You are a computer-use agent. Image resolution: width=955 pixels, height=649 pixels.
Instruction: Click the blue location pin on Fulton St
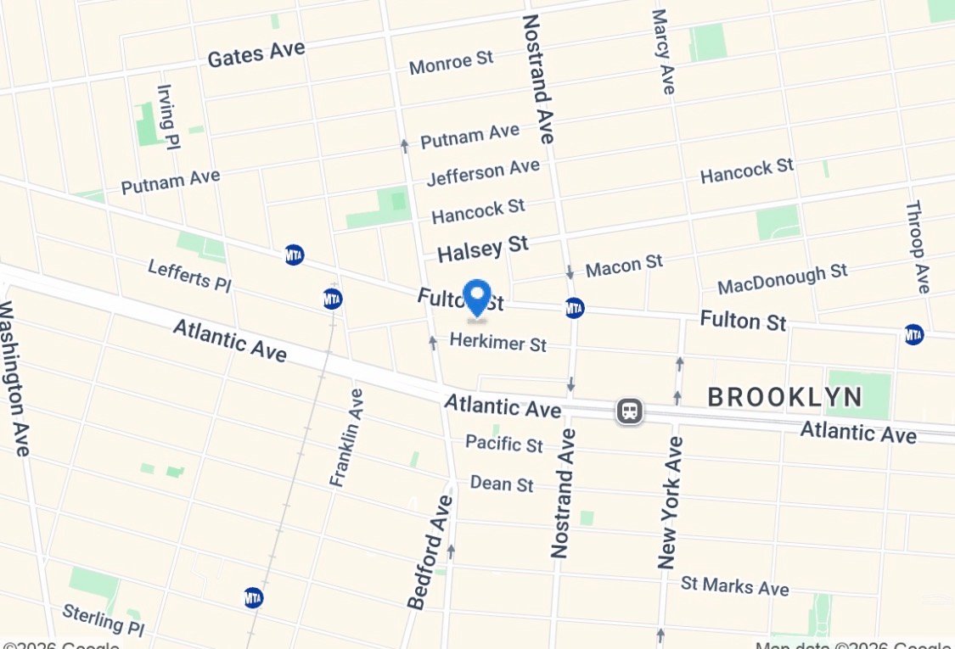pyautogui.click(x=478, y=298)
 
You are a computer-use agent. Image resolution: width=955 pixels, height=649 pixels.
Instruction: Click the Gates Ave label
pyautogui.click(x=256, y=54)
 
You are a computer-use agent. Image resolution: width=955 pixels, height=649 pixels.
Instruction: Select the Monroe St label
pyautogui.click(x=451, y=62)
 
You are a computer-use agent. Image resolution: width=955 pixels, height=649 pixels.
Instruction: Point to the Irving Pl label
pyautogui.click(x=167, y=116)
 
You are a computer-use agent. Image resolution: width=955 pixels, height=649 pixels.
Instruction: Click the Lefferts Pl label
pyautogui.click(x=188, y=276)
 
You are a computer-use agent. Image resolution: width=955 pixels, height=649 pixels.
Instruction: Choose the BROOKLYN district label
pyautogui.click(x=784, y=396)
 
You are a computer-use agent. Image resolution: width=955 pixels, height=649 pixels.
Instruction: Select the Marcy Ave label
pyautogui.click(x=663, y=51)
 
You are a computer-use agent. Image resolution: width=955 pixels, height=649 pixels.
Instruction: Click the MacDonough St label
pyautogui.click(x=782, y=278)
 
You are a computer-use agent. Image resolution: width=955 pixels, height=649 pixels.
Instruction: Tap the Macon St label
pyautogui.click(x=624, y=266)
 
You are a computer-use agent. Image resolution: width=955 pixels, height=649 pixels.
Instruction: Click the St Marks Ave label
pyautogui.click(x=734, y=585)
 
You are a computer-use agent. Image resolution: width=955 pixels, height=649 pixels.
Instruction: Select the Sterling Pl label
pyautogui.click(x=104, y=619)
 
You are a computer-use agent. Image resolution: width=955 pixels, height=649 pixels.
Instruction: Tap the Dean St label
pyautogui.click(x=502, y=484)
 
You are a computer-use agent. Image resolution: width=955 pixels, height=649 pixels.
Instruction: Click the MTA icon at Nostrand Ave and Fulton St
pyautogui.click(x=575, y=308)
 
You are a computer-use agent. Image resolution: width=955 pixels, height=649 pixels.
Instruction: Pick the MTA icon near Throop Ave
pyautogui.click(x=913, y=334)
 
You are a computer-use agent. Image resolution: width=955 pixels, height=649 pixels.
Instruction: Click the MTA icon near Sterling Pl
pyautogui.click(x=253, y=597)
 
